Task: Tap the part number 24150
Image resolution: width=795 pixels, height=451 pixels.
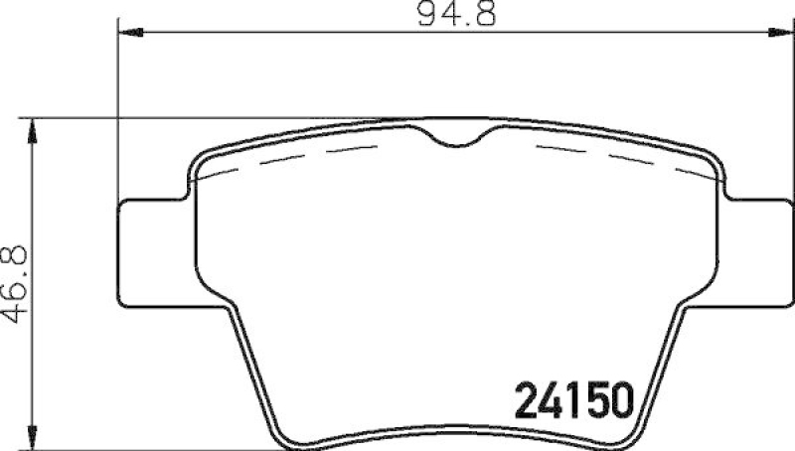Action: coord(574,402)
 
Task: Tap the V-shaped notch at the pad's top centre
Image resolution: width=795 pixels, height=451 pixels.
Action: coord(458,138)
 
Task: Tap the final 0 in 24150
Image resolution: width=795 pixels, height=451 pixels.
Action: coord(621,402)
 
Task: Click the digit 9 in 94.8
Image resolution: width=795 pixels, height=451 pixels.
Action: coord(425,15)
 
